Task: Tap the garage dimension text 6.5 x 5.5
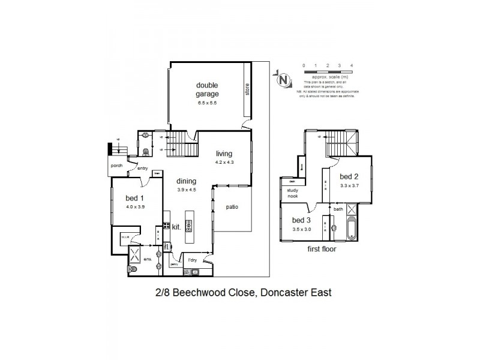[x=206, y=103]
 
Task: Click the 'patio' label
[x=232, y=207]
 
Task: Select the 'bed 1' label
[x=134, y=198]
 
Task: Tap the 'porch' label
[x=116, y=166]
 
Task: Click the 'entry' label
[x=143, y=169]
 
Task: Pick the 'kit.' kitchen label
[x=177, y=227]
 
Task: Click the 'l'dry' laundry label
[x=193, y=259]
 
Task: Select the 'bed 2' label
[x=349, y=176]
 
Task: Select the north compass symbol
[x=283, y=79]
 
